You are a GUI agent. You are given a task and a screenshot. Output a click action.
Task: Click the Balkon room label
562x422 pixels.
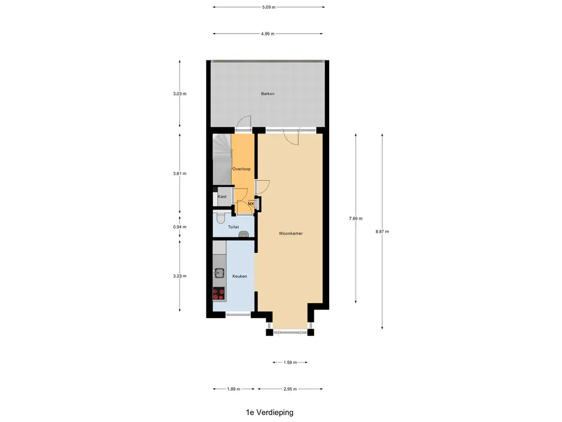[268, 93]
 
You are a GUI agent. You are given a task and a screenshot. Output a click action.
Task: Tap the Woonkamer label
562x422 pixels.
[291, 233]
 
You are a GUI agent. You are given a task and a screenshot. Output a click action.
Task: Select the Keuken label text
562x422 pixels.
[239, 276]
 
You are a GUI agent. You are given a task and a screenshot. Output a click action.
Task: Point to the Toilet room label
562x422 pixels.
[233, 227]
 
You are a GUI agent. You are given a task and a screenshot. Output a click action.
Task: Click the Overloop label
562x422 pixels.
[241, 169]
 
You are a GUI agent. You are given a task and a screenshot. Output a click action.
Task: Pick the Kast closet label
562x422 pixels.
[222, 196]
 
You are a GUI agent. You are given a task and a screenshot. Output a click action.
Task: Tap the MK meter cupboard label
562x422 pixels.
[251, 203]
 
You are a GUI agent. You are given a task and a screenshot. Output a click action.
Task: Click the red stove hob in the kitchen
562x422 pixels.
[218, 293]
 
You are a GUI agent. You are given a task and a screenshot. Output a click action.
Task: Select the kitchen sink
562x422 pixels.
[218, 273]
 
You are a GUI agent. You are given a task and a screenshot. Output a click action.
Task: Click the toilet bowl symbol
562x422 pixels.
[221, 218]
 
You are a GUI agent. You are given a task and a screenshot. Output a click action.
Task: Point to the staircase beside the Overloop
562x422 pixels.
[222, 159]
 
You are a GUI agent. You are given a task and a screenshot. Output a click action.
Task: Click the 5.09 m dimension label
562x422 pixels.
[268, 7]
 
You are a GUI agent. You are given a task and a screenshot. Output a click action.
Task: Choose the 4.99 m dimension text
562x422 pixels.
[267, 34]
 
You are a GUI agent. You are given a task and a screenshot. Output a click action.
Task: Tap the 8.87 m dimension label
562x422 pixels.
[382, 231]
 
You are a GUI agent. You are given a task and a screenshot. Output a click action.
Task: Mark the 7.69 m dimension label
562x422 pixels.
[356, 218]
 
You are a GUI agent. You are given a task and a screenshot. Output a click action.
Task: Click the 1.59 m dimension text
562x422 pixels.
[290, 363]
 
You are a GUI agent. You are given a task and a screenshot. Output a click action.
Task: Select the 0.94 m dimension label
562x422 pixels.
[179, 227]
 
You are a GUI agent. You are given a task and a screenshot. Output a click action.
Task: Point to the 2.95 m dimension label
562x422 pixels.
[290, 388]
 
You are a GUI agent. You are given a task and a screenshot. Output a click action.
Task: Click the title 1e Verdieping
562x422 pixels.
[269, 413]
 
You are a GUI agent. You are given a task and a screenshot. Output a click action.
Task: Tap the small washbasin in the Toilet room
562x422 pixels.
[244, 234]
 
